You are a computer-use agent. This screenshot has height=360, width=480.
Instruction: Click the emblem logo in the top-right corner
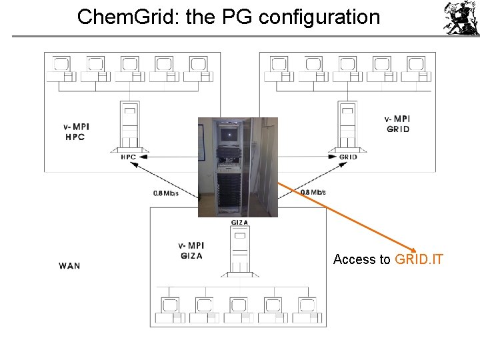[461, 18]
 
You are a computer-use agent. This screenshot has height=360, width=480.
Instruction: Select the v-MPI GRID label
[397, 124]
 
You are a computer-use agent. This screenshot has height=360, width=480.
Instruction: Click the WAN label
[69, 265]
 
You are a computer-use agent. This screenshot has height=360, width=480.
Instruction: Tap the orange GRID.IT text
[419, 259]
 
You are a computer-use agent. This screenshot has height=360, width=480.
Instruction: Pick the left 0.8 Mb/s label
[166, 193]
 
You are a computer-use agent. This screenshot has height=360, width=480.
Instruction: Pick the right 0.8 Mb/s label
[313, 192]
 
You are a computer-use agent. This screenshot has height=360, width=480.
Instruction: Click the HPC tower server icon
[129, 127]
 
